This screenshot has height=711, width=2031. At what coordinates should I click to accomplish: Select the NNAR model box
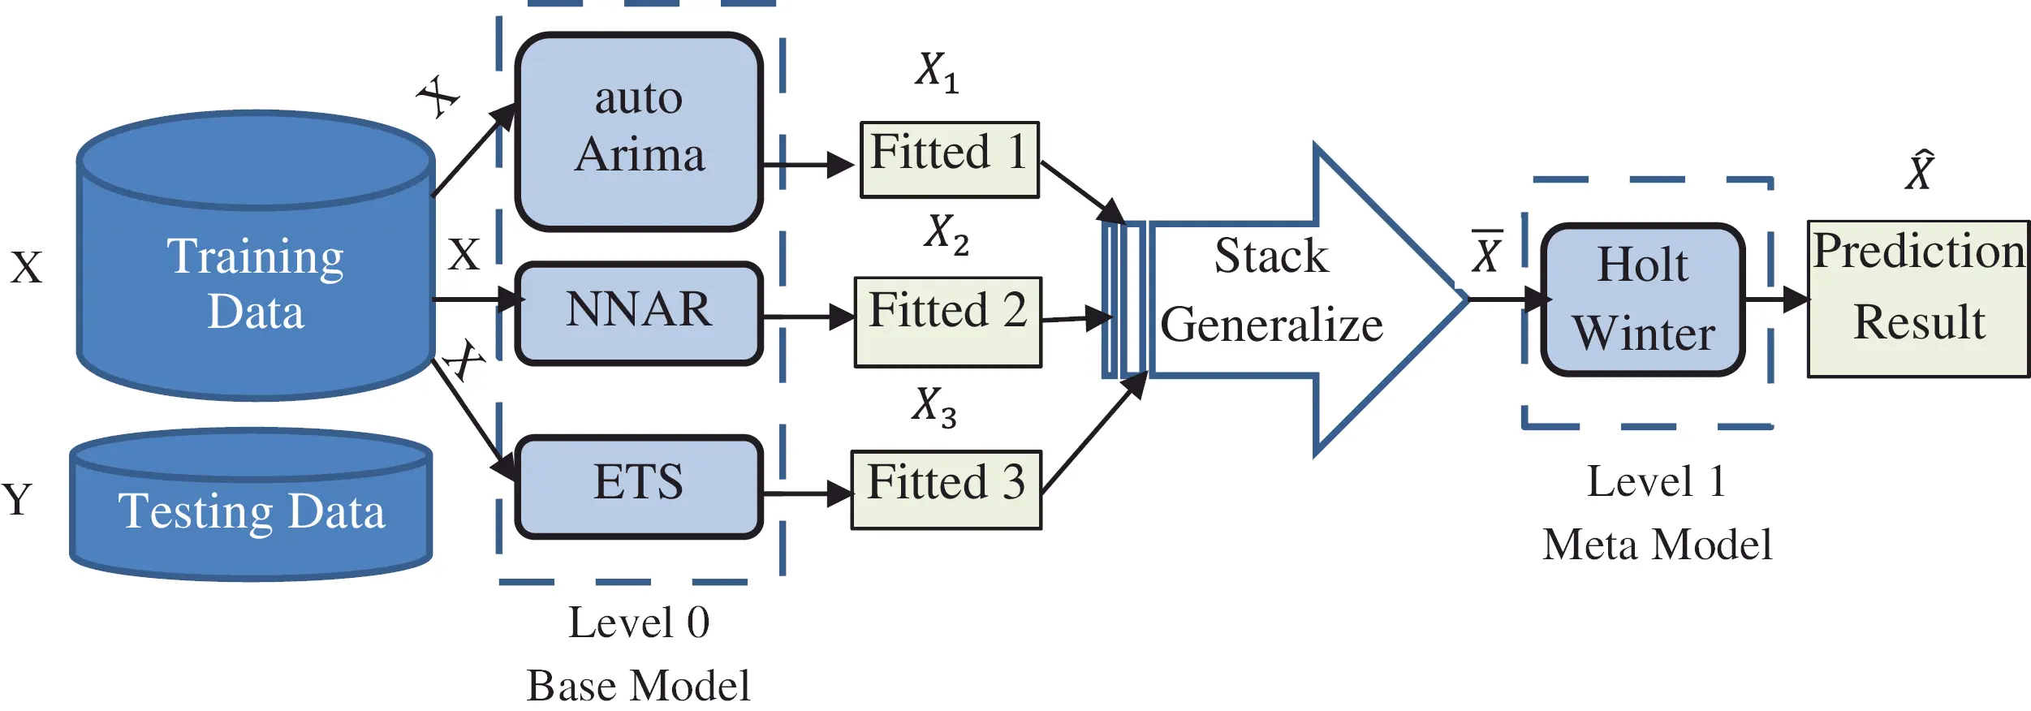[x=639, y=312]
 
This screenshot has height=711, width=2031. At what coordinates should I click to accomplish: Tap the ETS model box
[x=639, y=485]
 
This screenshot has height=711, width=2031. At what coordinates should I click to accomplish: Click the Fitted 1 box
[x=949, y=159]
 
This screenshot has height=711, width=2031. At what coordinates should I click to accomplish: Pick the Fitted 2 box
[x=947, y=321]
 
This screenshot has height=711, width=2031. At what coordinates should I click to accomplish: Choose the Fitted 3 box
[x=946, y=489]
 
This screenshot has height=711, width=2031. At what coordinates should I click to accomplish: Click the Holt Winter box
[x=1643, y=299]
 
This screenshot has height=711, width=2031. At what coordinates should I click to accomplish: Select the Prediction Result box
[x=1919, y=299]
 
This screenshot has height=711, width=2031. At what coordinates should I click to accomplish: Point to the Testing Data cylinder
[x=251, y=511]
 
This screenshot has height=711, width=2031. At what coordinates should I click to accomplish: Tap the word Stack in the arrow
[x=1271, y=256]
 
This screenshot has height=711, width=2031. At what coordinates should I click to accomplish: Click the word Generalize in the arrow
[x=1271, y=325]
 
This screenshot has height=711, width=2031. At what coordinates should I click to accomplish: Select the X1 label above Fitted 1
[x=937, y=71]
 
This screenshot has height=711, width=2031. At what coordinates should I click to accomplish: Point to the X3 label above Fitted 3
[x=934, y=406]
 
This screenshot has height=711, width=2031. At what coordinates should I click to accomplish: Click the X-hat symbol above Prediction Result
[x=1921, y=170]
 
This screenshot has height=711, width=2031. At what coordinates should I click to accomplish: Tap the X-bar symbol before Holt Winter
[x=1487, y=253]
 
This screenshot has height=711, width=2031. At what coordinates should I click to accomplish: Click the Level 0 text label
[x=639, y=623]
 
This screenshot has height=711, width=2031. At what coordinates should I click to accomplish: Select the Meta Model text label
[x=1657, y=545]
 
